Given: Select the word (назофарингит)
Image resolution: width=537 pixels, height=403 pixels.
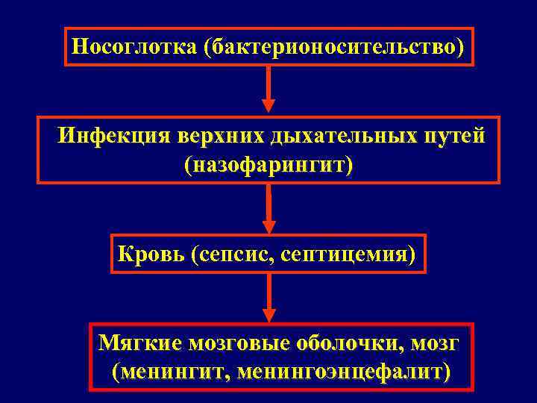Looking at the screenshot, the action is pos(268,165).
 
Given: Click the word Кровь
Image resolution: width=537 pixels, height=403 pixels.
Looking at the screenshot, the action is pos(151,255).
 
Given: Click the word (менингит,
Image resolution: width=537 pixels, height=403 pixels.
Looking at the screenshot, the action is pos(172,371).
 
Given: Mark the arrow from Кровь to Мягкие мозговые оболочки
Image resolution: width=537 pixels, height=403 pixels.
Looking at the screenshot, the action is pos(268,297).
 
